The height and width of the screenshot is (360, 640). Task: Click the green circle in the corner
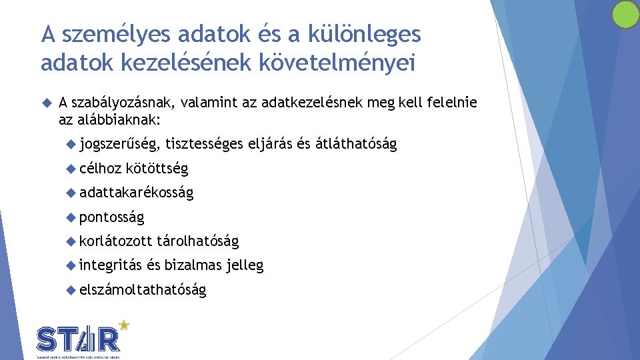[x=625, y=15]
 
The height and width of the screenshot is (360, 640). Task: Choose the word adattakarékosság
[x=136, y=193]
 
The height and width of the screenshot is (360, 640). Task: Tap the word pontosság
[x=111, y=217]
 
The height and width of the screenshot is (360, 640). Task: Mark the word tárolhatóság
[x=198, y=241]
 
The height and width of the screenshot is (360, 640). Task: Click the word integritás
[x=110, y=265]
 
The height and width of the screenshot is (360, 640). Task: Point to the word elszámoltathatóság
[x=143, y=289]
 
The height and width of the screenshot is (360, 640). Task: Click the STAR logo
[x=79, y=340]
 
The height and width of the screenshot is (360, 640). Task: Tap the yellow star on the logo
[x=123, y=325]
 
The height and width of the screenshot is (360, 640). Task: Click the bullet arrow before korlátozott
[x=72, y=241]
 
